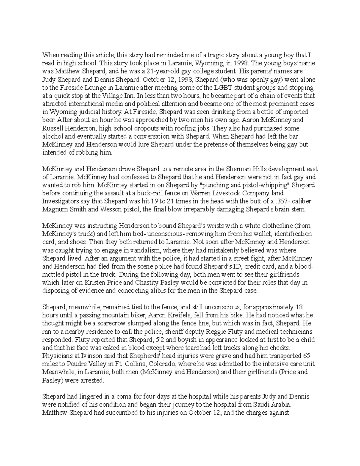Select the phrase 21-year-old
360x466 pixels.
[x=159, y=71]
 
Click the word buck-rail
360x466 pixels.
[x=152, y=193]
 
